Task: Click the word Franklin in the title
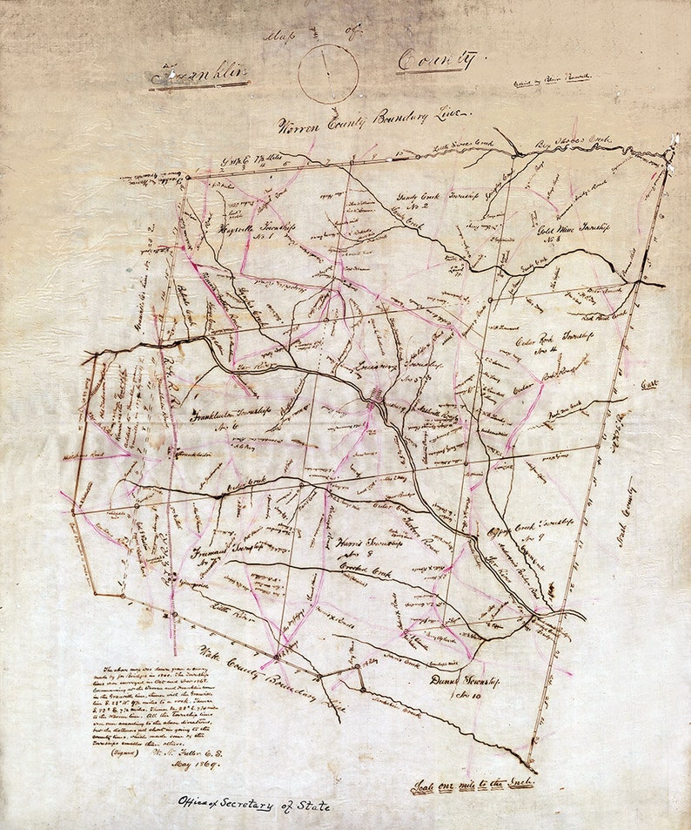199,75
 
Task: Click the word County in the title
438,61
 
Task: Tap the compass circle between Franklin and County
328,73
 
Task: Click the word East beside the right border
650,382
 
